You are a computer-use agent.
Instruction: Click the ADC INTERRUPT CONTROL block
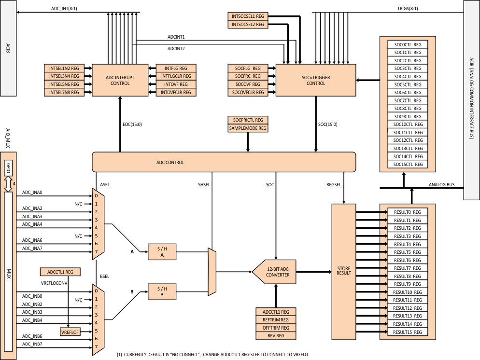pos(120,80)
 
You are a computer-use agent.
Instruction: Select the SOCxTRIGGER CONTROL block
pos(315,80)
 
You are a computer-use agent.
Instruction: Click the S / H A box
pos(162,251)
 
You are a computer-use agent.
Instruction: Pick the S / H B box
pos(162,291)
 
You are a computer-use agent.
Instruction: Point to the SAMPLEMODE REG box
pos(248,128)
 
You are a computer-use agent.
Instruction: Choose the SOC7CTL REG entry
pos(408,100)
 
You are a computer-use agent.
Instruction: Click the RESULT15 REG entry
pos(408,332)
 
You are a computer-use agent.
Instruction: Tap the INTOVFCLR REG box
pos(176,92)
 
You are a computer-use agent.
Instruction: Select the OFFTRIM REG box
pos(275,328)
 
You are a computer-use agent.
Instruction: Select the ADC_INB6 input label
pos(32,336)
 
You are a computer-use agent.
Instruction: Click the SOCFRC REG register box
pos(248,76)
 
